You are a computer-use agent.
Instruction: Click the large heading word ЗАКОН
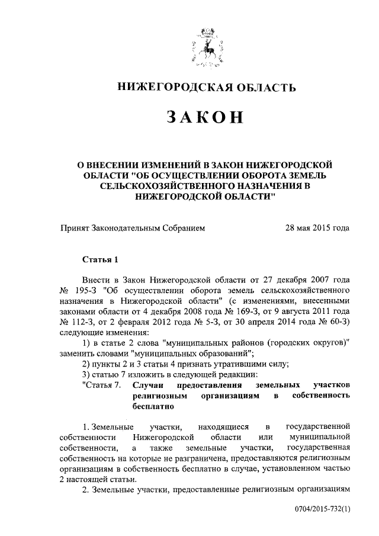tap(205, 117)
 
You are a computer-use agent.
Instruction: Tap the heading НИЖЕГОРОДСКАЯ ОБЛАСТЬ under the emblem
tap(205, 88)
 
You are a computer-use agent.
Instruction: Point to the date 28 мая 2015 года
tap(317, 228)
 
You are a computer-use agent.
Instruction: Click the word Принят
tap(76, 228)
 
